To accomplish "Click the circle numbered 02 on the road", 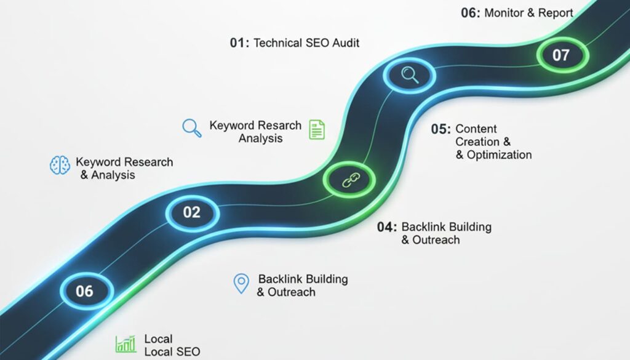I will pyautogui.click(x=192, y=212).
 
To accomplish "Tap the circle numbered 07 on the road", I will pyautogui.click(x=561, y=55).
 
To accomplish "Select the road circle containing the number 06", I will pyautogui.click(x=85, y=290).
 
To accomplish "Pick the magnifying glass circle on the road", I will pyautogui.click(x=409, y=75).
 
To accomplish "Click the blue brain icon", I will pyautogui.click(x=60, y=166).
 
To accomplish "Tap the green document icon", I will pyautogui.click(x=317, y=129).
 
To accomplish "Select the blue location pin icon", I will pyautogui.click(x=241, y=284).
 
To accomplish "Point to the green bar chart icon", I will pyautogui.click(x=126, y=344).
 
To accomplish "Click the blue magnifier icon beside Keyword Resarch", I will pyautogui.click(x=192, y=127).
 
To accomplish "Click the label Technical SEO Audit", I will pyautogui.click(x=306, y=43).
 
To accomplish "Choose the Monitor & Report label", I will pyautogui.click(x=529, y=12).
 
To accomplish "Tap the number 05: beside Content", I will pyautogui.click(x=441, y=129).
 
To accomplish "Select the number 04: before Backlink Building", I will pyautogui.click(x=387, y=226).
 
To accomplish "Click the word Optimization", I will pyautogui.click(x=499, y=155).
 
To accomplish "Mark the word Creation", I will pyautogui.click(x=478, y=142).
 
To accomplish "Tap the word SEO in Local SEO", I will pyautogui.click(x=187, y=352).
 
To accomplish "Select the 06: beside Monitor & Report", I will pyautogui.click(x=470, y=12).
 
